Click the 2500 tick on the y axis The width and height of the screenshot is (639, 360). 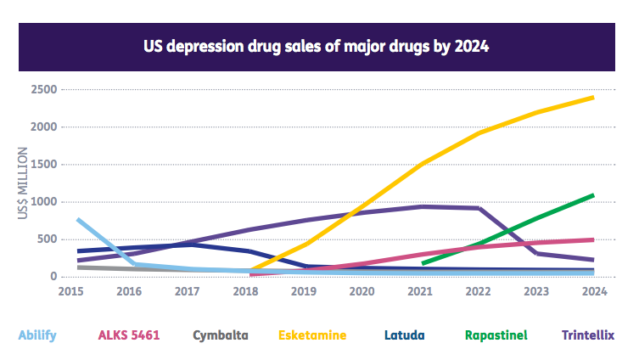pyautogui.click(x=44, y=90)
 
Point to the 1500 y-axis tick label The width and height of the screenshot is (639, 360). pyautogui.click(x=44, y=165)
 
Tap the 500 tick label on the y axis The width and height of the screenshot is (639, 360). pyautogui.click(x=47, y=239)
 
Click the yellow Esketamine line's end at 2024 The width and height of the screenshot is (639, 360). pyautogui.click(x=592, y=98)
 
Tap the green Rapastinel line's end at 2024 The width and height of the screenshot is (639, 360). pyautogui.click(x=592, y=195)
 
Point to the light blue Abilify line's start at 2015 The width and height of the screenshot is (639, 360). pyautogui.click(x=78, y=220)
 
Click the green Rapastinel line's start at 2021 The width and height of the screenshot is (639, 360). pyautogui.click(x=423, y=263)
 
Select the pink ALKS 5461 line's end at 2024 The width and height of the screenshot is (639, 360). pyautogui.click(x=592, y=239)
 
